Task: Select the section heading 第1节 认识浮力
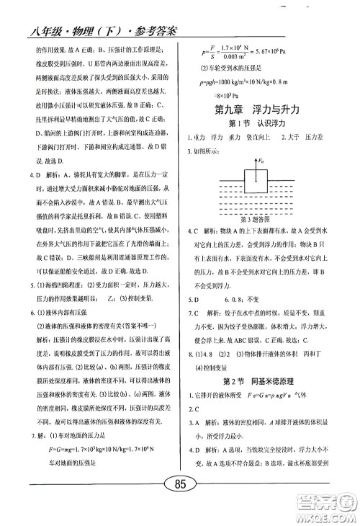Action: click(x=263, y=125)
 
